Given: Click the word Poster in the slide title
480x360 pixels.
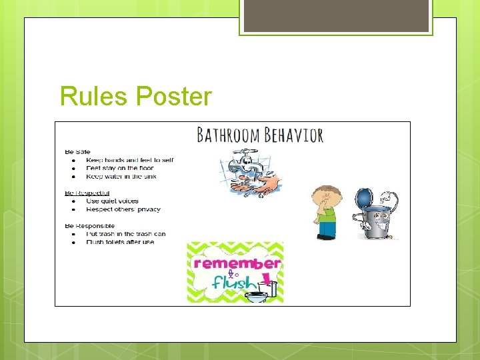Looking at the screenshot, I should (173, 97).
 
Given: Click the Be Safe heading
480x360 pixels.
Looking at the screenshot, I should (77, 152).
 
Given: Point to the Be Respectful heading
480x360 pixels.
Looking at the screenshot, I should (87, 193).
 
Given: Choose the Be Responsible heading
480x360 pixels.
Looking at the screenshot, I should (89, 226).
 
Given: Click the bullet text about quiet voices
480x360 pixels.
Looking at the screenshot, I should (112, 201).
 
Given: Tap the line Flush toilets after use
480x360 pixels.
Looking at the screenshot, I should (120, 242).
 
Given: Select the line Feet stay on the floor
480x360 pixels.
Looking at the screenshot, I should (120, 168).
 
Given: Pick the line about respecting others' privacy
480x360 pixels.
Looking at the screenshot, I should (123, 209).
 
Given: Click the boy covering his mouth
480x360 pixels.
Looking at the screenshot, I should (326, 212).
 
